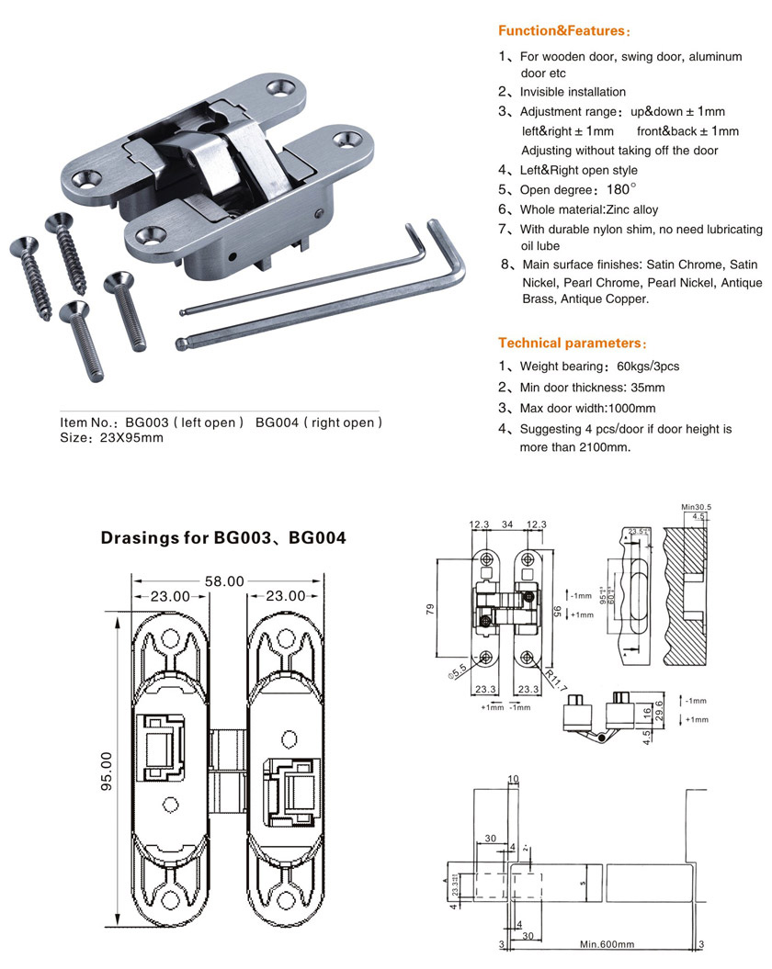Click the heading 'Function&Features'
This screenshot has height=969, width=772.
tap(563, 31)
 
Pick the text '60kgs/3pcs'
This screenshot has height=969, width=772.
tap(648, 366)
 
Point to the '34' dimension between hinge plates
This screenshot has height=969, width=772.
tap(507, 524)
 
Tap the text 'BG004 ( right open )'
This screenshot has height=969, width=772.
tap(318, 423)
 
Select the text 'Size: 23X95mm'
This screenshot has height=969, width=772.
tap(111, 437)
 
